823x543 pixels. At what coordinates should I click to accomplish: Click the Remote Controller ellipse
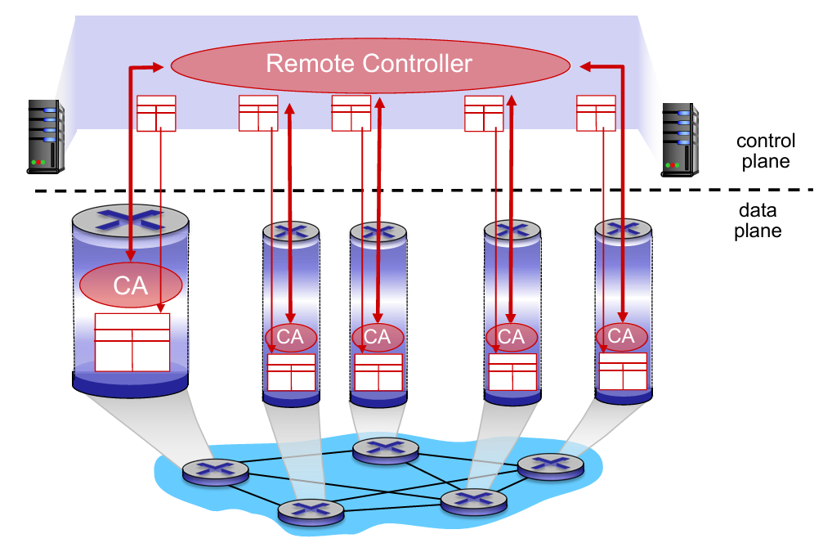tap(369, 64)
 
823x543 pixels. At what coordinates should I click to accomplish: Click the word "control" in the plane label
tap(765, 141)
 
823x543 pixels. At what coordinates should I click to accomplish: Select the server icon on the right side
tap(680, 140)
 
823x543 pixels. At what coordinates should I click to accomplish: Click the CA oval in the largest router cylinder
tap(130, 285)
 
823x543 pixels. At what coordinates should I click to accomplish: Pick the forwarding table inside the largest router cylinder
tap(132, 342)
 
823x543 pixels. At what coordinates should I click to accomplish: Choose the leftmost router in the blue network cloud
tap(215, 470)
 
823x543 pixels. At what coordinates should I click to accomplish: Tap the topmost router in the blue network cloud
tap(385, 449)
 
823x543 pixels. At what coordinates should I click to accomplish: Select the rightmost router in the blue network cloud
tap(551, 464)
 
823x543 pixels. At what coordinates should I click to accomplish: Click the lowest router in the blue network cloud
tap(311, 511)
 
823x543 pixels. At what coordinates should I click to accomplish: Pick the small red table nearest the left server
tap(156, 113)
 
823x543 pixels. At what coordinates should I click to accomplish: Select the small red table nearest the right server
tap(596, 113)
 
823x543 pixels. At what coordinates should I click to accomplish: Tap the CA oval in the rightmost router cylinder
tap(621, 336)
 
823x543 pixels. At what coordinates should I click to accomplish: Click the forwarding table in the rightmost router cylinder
tap(623, 371)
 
